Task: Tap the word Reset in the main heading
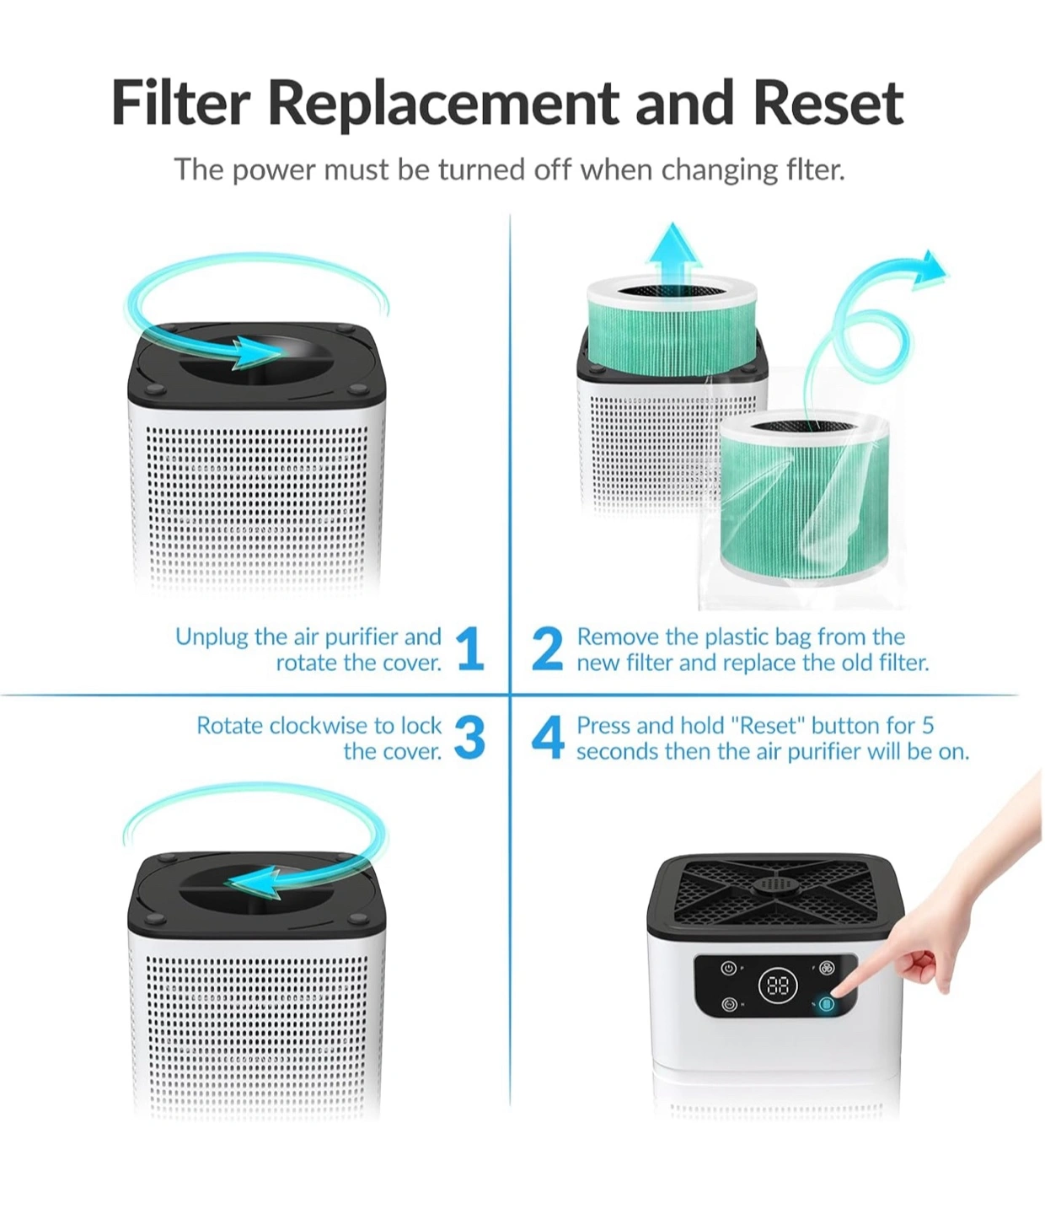[x=828, y=104]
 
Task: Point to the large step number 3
[x=469, y=738]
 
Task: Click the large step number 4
[x=548, y=738]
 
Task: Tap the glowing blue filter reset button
[x=827, y=1004]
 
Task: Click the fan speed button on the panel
[x=827, y=967]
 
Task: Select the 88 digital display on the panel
[x=778, y=985]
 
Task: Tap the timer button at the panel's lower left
[x=729, y=1004]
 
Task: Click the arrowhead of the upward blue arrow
[x=674, y=245]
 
